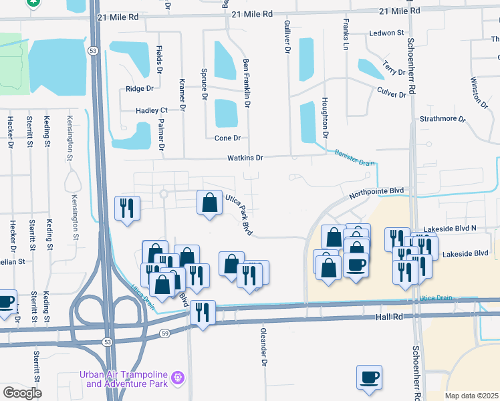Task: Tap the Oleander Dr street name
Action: [263, 342]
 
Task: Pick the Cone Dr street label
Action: [227, 138]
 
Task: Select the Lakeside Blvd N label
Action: [453, 228]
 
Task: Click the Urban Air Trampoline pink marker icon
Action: [178, 378]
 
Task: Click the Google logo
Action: [23, 392]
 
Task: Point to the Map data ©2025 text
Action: [471, 396]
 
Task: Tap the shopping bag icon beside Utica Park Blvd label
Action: [210, 203]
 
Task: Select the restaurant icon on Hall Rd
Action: [202, 313]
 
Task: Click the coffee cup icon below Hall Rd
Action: [369, 378]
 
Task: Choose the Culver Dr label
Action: [392, 94]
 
